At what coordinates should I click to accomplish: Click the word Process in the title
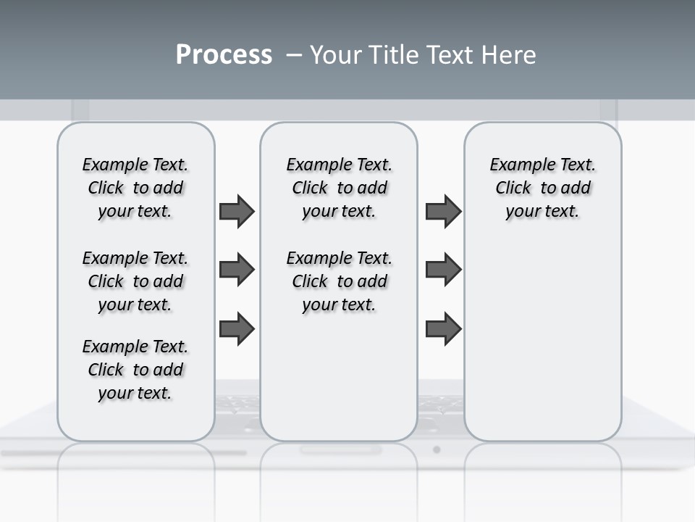pos(224,54)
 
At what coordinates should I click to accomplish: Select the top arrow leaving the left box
pos(237,211)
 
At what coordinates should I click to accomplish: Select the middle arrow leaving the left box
pos(237,270)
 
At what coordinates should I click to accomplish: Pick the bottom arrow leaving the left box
pos(237,328)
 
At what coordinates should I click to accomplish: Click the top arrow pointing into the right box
pos(443,211)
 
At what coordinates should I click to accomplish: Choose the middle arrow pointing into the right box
pos(443,270)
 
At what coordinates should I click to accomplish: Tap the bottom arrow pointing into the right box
pos(443,328)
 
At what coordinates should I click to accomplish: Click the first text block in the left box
pos(135,188)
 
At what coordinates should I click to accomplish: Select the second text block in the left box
pos(135,281)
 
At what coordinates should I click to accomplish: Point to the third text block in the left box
pos(135,370)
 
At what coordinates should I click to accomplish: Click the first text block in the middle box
pos(339,188)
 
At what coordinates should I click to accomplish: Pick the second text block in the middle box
pos(339,281)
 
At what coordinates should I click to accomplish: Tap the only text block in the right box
pos(542,188)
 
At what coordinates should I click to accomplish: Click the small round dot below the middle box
pos(437,449)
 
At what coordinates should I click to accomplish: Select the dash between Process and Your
pos(294,54)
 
